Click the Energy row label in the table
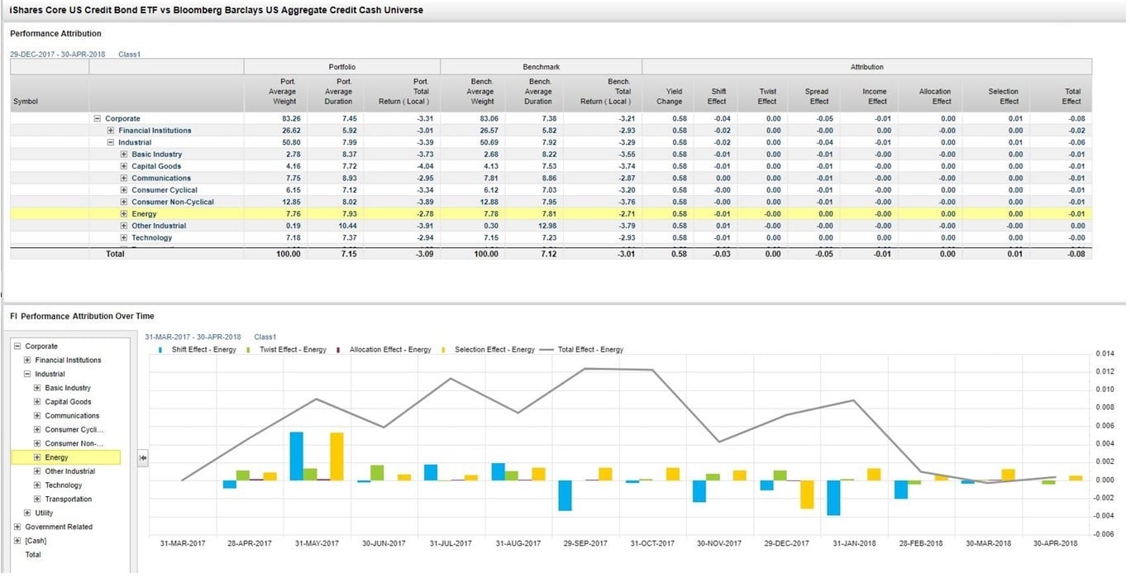tap(144, 214)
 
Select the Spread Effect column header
tap(818, 97)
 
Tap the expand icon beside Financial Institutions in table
tap(111, 131)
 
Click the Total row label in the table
tap(115, 254)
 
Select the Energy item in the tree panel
tap(56, 457)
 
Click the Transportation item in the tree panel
tap(68, 499)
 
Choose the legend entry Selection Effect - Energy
tap(494, 350)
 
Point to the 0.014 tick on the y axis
tap(1105, 354)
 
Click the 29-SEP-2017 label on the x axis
tap(585, 543)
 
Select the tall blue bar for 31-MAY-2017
tap(296, 456)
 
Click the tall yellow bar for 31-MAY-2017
tap(336, 456)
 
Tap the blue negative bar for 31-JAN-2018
tap(833, 498)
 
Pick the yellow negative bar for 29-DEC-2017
tap(806, 494)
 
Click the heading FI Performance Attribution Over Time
tap(82, 316)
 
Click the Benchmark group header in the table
tap(541, 66)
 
